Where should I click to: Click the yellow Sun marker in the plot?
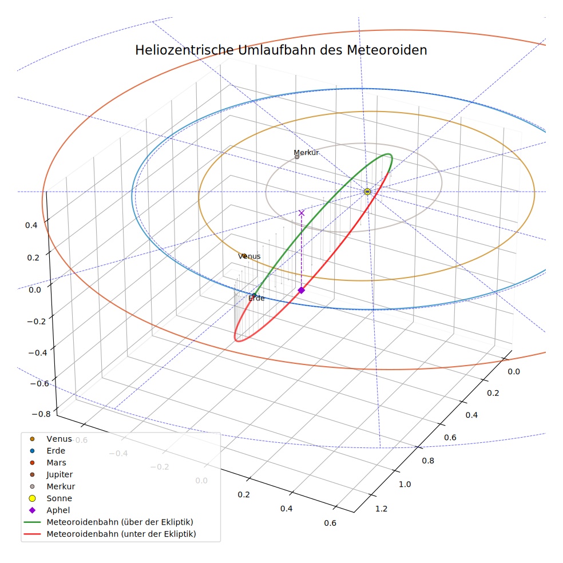367,192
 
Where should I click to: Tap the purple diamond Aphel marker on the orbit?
302,290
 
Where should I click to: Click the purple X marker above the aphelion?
302,213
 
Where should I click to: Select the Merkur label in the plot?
306,153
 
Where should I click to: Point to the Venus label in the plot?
249,256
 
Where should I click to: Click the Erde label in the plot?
256,298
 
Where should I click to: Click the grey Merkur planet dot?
297,157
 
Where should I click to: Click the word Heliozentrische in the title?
184,50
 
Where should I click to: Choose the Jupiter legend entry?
60,475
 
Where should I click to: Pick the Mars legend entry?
57,462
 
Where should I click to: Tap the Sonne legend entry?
60,498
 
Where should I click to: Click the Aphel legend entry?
58,510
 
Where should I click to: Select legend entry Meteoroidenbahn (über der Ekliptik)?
120,522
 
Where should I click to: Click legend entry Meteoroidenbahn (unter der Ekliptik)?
121,534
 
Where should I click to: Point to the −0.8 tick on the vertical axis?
41,414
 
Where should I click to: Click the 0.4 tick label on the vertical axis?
31,225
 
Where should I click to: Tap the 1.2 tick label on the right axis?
381,509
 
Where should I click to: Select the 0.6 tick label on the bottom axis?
330,523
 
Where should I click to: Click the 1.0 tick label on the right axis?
405,485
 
